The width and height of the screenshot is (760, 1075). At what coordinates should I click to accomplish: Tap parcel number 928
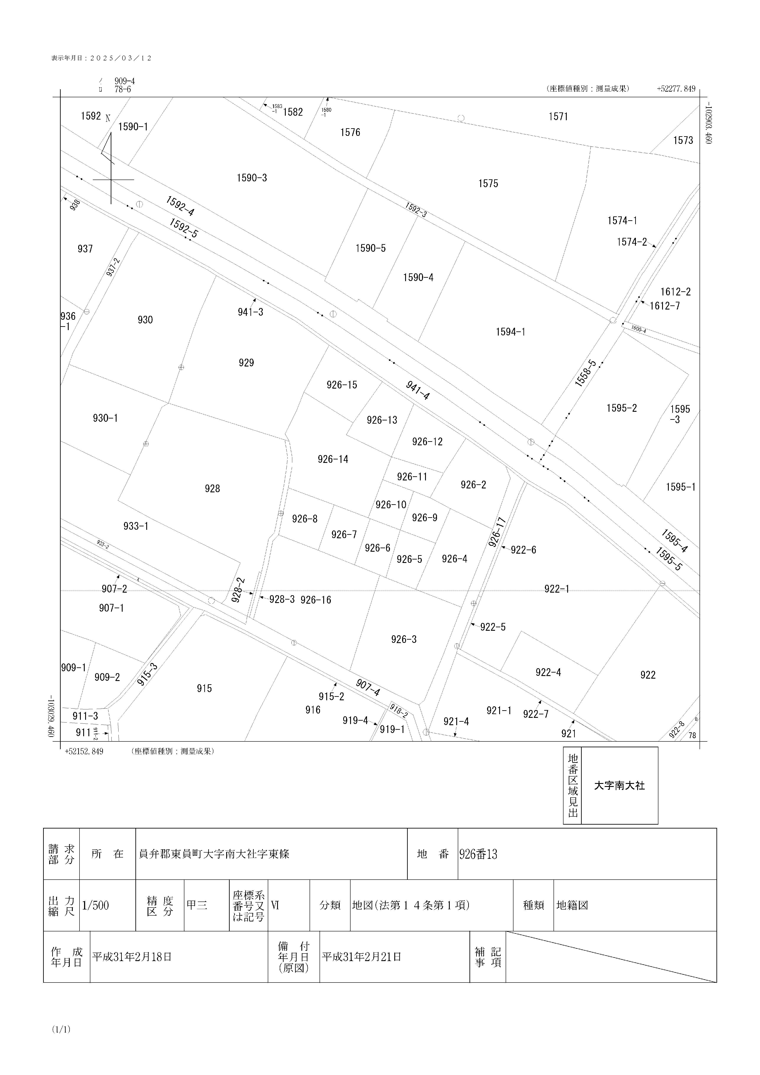212,489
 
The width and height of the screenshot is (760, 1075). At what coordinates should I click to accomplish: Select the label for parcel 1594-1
510,332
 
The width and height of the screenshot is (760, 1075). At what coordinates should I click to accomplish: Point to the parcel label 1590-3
252,178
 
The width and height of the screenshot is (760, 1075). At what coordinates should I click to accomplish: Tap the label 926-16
316,600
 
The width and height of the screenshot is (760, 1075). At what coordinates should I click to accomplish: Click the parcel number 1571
558,117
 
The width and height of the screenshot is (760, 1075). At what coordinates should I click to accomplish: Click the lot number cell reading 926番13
478,854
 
